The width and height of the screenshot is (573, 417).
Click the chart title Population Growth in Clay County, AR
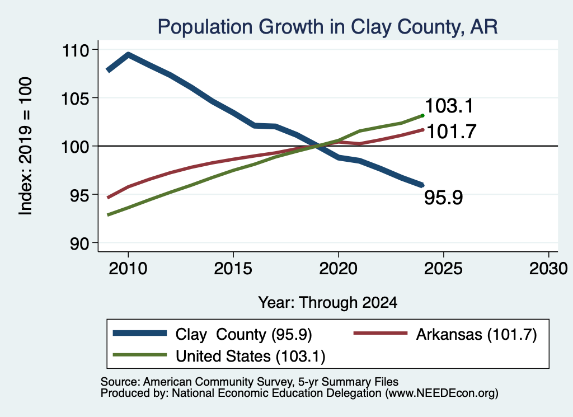[x=327, y=27]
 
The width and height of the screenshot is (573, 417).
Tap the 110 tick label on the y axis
[x=76, y=50]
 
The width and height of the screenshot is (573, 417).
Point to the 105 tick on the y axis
[x=76, y=99]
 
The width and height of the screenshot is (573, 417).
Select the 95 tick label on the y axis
[x=79, y=195]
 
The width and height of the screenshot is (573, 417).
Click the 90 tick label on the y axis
[x=79, y=244]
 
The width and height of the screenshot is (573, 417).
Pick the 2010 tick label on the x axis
[x=128, y=269]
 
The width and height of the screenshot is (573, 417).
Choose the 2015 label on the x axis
[x=233, y=269]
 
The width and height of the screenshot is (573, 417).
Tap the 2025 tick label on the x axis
[x=443, y=269]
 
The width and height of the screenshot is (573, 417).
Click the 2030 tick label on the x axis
[x=548, y=269]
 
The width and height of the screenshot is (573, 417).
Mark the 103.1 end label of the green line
[x=449, y=106]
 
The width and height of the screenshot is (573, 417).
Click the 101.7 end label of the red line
[x=451, y=132]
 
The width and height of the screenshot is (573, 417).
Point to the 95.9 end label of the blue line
[x=444, y=198]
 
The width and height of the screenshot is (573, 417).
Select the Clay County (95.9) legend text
[x=243, y=334]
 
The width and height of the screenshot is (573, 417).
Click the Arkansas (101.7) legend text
[x=477, y=334]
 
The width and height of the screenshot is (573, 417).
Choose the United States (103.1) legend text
[x=250, y=357]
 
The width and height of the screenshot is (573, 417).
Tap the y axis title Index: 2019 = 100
[x=26, y=146]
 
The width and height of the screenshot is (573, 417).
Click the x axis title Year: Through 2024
[x=328, y=303]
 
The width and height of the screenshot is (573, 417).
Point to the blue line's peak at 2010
[x=128, y=55]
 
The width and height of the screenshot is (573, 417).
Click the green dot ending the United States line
[x=423, y=115]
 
